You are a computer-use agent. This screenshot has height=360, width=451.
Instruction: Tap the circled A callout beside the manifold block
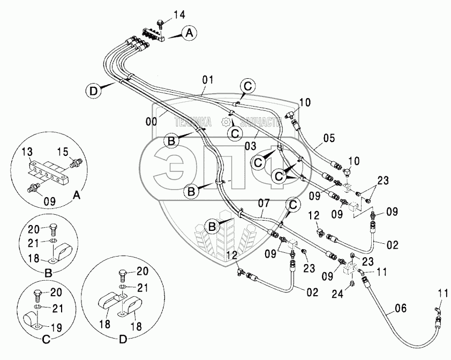coord(188,33)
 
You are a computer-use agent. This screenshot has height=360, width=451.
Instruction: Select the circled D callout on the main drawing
coord(94,91)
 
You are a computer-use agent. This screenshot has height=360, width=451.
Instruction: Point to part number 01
coord(208,80)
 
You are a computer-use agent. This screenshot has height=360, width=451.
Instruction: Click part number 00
coord(152,122)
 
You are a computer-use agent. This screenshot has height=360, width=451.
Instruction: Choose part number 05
coord(329,138)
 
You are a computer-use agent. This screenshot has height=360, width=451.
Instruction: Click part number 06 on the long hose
coord(400,308)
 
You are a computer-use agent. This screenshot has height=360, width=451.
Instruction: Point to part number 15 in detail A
coord(63,153)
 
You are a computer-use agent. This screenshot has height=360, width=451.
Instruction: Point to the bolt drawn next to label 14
coord(159,24)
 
